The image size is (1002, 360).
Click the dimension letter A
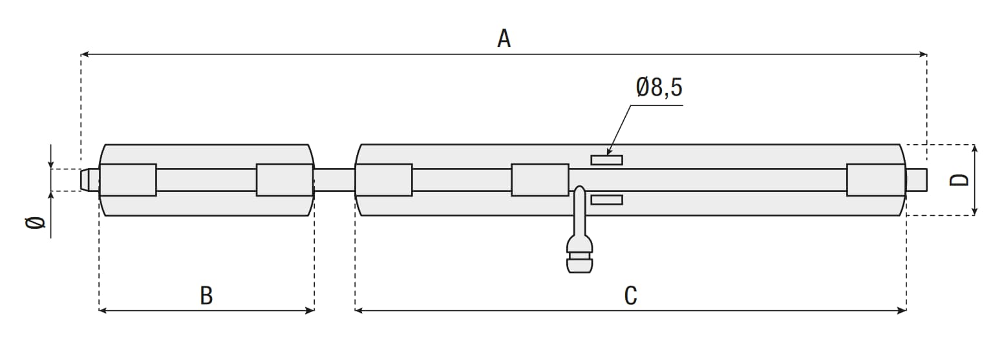[x=504, y=39]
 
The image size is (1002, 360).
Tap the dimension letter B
[x=206, y=295]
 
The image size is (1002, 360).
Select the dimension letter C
[x=631, y=295]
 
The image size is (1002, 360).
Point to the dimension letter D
[x=959, y=180]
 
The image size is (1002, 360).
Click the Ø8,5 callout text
[x=659, y=87]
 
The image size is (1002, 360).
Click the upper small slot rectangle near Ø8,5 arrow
[x=606, y=160]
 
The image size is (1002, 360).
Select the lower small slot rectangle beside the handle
[x=606, y=200]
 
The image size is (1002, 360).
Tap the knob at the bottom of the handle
[x=580, y=263]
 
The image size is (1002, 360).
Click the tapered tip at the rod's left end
[x=89, y=180]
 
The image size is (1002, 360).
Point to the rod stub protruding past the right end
[x=917, y=180]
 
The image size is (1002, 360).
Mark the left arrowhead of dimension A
[x=85, y=54]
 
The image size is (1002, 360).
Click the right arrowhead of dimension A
[x=922, y=54]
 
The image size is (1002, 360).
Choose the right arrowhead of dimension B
[x=310, y=310]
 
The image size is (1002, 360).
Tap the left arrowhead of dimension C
[x=359, y=310]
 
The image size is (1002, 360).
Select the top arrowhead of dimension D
[x=975, y=149]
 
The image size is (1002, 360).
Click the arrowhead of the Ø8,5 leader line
[x=609, y=151]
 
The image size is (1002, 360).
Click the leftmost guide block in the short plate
[x=127, y=180]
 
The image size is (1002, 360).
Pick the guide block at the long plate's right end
[x=876, y=180]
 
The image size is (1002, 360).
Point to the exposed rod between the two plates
[x=334, y=180]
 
